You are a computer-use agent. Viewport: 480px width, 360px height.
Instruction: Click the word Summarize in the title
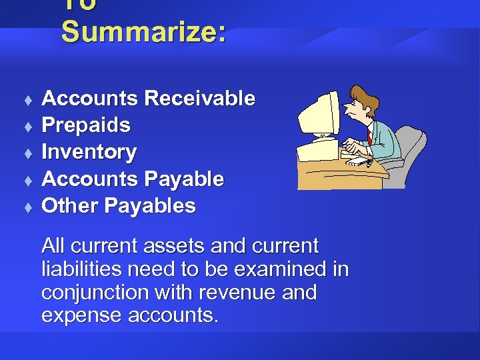[x=143, y=32]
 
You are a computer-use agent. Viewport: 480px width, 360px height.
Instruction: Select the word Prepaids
[x=86, y=125]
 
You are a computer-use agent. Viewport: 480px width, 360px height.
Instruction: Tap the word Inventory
[x=89, y=152]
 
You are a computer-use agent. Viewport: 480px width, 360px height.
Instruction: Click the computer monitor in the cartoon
[x=319, y=117]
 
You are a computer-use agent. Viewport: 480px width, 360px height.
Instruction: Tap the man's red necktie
[x=369, y=137]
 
